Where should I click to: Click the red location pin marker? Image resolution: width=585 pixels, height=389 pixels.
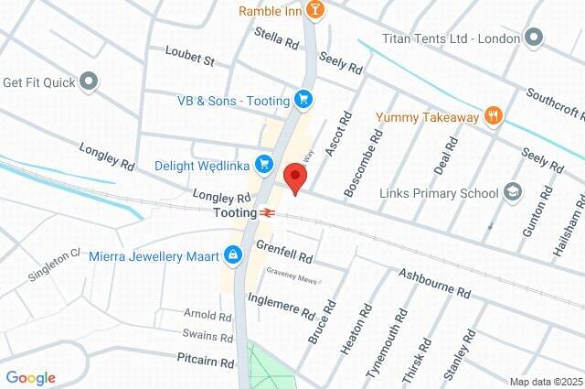point(294,177)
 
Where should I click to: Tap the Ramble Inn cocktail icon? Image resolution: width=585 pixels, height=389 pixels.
point(315,10)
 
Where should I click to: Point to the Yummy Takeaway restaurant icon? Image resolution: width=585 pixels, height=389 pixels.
point(495,115)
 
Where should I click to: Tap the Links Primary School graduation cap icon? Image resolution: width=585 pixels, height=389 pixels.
point(513,192)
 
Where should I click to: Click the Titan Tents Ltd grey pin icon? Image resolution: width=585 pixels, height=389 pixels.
point(535,38)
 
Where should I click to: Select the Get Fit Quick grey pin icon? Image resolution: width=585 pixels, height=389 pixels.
point(89,81)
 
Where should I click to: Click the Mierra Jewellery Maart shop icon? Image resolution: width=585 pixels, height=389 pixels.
point(233,254)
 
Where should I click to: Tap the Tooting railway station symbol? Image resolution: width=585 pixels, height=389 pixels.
point(266,211)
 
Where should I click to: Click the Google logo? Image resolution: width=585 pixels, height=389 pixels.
point(30,378)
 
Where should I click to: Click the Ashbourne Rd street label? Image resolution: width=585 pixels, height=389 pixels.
point(435,283)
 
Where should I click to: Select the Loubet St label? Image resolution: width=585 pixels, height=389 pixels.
point(189,57)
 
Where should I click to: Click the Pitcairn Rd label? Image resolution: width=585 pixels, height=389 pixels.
point(207,362)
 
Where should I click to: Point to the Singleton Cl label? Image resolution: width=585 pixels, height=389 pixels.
point(54,265)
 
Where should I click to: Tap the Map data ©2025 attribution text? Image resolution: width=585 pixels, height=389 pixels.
point(545,382)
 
